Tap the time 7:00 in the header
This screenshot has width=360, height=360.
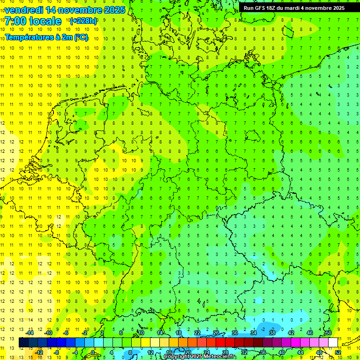(15, 21)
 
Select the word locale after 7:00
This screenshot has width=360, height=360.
(45, 21)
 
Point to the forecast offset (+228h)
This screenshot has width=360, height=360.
(83, 21)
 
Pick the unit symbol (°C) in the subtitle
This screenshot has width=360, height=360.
(81, 37)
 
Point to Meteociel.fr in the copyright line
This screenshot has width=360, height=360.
(216, 357)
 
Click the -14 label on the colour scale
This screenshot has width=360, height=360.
(30, 333)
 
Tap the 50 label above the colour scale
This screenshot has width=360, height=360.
(328, 333)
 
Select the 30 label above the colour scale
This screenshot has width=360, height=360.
(234, 333)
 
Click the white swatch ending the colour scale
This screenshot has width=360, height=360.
(333, 343)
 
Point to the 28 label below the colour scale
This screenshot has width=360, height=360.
(225, 352)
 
